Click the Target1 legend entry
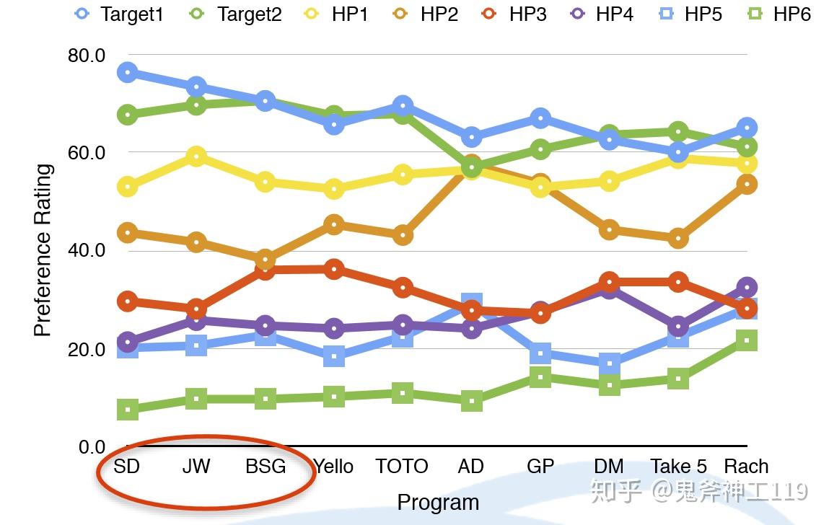pos(119,14)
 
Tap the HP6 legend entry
pos(778,14)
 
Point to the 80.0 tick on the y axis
pos(86,56)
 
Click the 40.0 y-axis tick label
pos(86,251)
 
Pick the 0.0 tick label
pos(92,447)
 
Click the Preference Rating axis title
pos(43,250)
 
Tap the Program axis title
pos(438,502)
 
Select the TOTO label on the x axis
pos(402,467)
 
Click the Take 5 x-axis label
pos(678,467)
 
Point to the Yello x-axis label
pos(333,467)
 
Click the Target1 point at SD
pos(128,72)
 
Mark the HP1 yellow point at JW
pos(196,156)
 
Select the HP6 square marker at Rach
pos(747,340)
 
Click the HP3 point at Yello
pos(333,270)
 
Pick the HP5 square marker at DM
pos(609,364)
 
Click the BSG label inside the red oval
pos(266,467)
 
